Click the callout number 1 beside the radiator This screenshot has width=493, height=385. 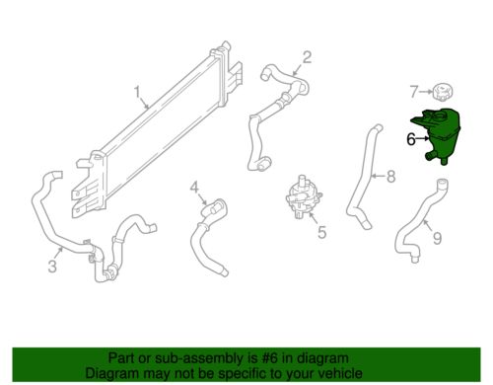click(x=137, y=94)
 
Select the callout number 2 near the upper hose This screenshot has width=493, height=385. click(x=307, y=56)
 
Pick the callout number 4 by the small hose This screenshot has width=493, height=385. click(x=194, y=187)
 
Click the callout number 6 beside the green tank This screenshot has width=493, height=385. click(x=410, y=139)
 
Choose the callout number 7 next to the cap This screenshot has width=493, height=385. click(x=414, y=92)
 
